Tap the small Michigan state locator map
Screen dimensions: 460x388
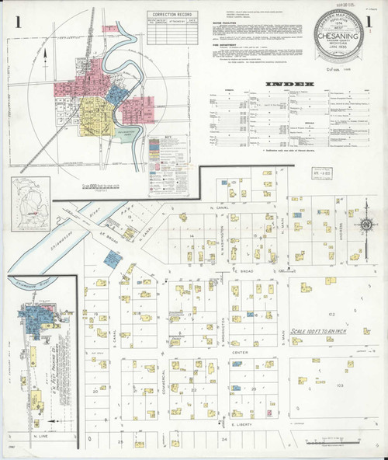pos(27,201)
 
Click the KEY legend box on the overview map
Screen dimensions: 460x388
pos(172,155)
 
